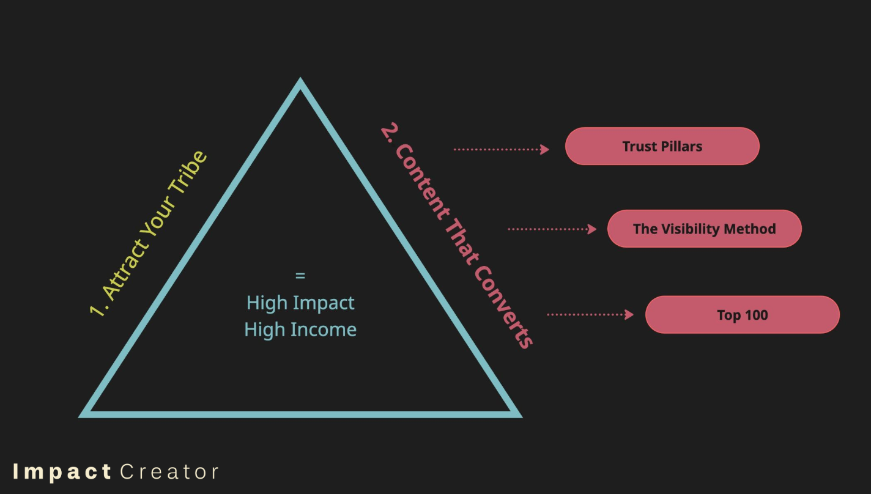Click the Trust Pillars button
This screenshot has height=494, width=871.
point(662,146)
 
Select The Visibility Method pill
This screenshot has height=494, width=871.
point(704,229)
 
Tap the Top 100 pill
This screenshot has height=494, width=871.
point(742,315)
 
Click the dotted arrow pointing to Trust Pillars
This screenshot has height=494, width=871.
point(501,149)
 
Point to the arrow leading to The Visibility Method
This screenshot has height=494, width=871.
point(552,229)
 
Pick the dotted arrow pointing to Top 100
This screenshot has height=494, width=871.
point(590,314)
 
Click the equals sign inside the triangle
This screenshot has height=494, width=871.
point(300,276)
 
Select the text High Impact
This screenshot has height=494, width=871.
point(300,303)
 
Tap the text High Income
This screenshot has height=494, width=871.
point(300,330)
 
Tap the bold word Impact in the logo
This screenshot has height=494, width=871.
point(62,472)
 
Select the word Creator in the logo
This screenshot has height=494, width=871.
point(169,472)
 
